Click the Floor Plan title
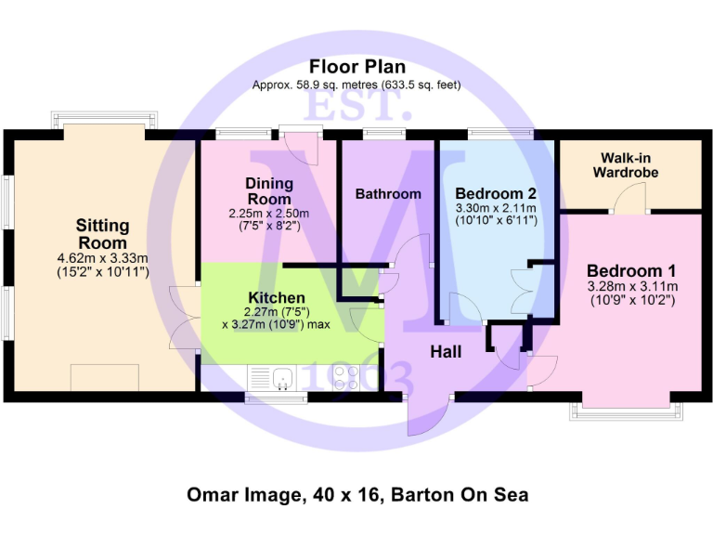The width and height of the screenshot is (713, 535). [356, 67]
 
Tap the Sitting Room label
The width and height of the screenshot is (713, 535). [102, 233]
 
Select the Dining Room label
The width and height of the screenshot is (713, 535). [268, 191]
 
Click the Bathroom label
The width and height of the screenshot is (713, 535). [388, 194]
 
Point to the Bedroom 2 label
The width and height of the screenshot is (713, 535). [496, 193]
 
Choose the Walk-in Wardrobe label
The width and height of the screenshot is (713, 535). [629, 165]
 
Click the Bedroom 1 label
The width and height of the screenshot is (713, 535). [631, 269]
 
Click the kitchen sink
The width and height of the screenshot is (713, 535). [279, 377]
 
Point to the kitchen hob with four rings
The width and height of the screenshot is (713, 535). [346, 378]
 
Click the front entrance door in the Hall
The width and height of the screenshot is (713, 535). [426, 414]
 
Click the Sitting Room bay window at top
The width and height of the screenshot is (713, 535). [102, 122]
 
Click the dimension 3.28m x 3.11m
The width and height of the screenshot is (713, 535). [631, 286]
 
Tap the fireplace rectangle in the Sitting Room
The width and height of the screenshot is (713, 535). [105, 377]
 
